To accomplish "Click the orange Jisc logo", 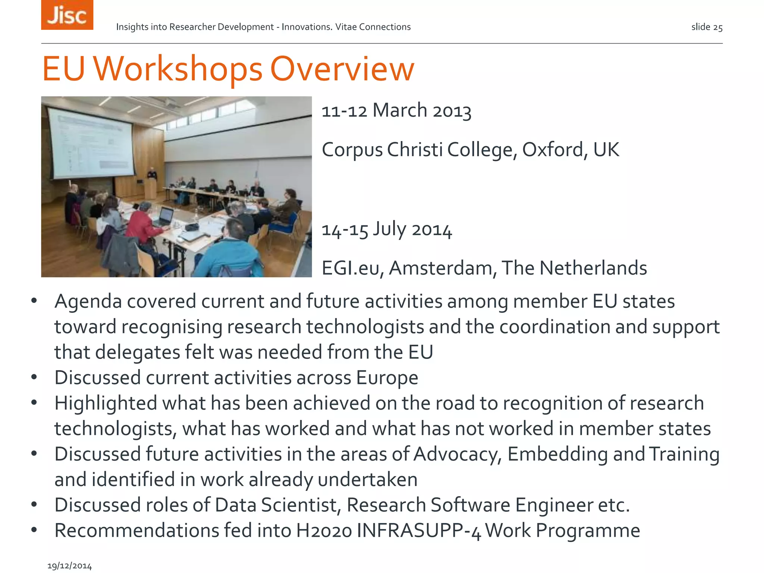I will [x=67, y=15].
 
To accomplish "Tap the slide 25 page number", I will [x=707, y=27].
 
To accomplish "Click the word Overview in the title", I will [x=342, y=69].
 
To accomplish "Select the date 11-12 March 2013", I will [x=396, y=111].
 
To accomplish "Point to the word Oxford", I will [x=552, y=150].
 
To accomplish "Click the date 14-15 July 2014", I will [x=386, y=229].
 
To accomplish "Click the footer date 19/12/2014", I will [x=70, y=566].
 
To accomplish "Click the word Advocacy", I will [x=457, y=454].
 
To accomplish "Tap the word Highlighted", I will [x=106, y=404].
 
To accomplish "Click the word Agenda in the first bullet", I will [x=88, y=301].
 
